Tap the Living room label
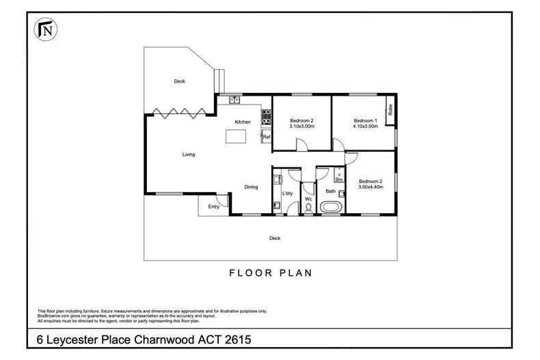188,154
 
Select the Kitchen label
243,122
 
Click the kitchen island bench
237,137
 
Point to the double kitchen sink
234,100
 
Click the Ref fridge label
267,137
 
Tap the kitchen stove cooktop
266,117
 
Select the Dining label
252,187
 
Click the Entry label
214,206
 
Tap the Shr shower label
338,179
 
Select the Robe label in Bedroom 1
390,109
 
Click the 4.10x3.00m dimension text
365,126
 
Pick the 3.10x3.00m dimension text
302,126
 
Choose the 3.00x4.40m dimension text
371,186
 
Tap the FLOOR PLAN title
269,273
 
